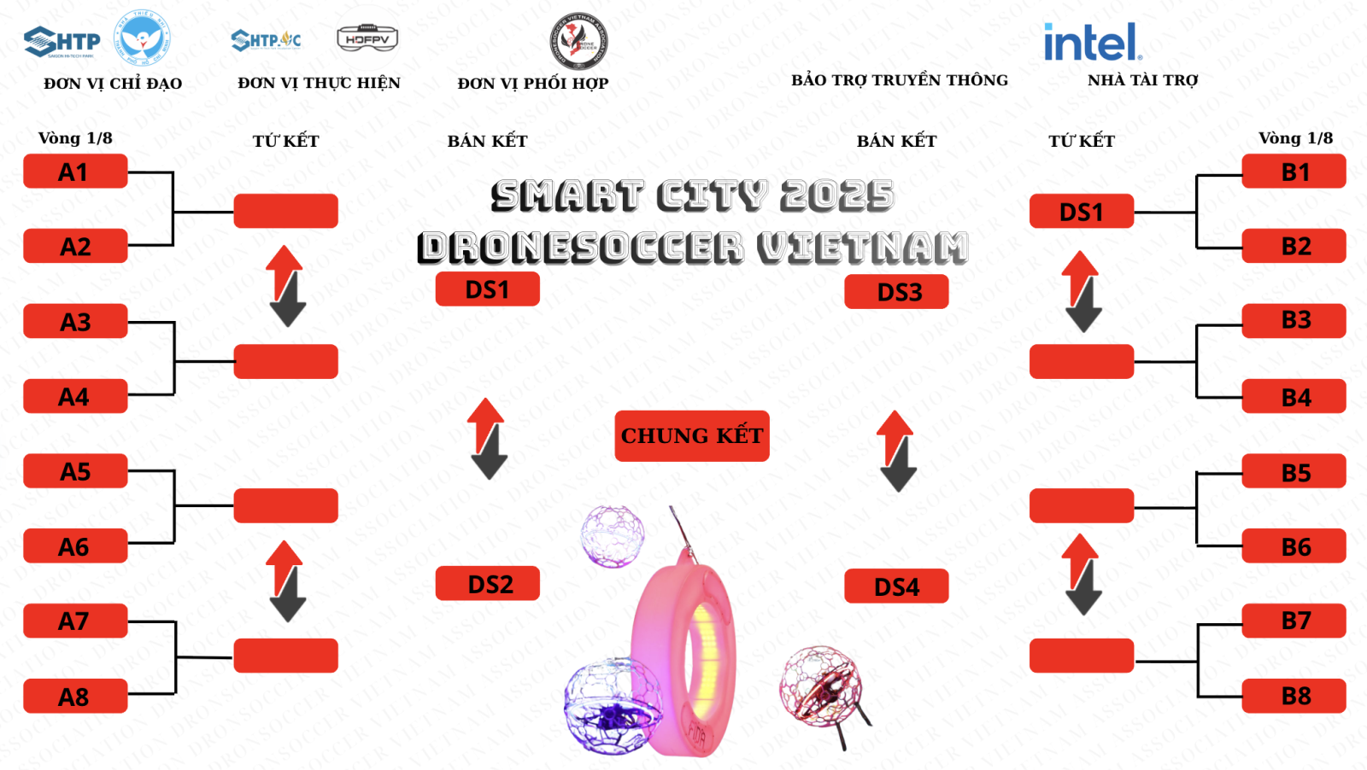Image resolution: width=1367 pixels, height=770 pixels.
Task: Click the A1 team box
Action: (75, 172)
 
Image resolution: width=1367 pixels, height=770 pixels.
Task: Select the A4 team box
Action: (75, 397)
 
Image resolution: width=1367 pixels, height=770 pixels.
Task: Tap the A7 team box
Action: (75, 621)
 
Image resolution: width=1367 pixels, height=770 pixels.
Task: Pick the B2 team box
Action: (1294, 247)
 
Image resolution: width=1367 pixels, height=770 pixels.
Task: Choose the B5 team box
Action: (1294, 472)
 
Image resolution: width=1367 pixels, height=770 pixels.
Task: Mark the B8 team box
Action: (1294, 696)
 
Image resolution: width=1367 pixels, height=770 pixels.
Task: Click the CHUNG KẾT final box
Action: (692, 436)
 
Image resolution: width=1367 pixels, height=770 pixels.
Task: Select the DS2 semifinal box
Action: (488, 584)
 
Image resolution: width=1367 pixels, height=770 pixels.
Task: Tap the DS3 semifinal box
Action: (896, 292)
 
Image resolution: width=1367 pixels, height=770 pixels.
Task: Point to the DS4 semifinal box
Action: (896, 586)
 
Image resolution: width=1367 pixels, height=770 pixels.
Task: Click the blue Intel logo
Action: (1092, 42)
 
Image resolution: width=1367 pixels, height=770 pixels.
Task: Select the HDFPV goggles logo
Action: (367, 38)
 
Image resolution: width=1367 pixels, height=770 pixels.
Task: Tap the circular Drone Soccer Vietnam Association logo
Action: (578, 41)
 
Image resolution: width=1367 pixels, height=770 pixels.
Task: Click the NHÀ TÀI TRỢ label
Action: (1142, 80)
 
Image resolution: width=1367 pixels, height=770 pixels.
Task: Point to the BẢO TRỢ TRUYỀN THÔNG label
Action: (899, 80)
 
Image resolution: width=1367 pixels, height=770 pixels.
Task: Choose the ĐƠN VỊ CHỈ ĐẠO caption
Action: (113, 84)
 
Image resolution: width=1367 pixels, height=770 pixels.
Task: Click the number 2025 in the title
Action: (836, 195)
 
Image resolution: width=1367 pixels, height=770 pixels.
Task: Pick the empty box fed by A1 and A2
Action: (286, 211)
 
